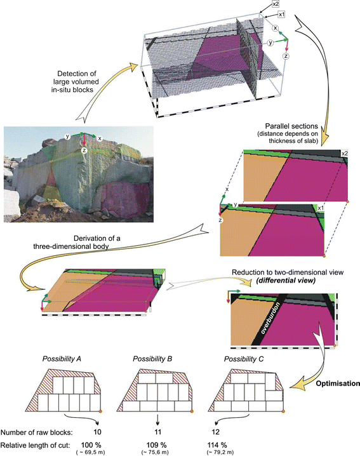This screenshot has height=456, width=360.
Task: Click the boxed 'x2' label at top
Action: click(276, 4)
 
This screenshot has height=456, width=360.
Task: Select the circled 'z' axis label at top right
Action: click(287, 56)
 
